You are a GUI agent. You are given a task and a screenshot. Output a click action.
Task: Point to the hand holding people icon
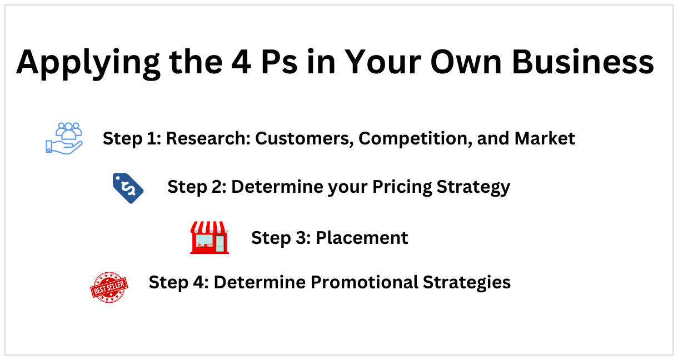click(64, 138)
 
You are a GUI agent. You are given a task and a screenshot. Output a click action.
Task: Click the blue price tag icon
click(128, 188)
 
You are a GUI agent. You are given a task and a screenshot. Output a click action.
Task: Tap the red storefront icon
click(210, 238)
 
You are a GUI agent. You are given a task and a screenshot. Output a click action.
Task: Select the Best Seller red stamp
click(109, 287)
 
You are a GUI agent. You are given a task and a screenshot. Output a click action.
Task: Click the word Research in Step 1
click(208, 138)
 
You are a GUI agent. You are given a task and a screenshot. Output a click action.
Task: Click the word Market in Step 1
click(545, 138)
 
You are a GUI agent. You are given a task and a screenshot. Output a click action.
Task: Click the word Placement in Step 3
click(362, 238)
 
